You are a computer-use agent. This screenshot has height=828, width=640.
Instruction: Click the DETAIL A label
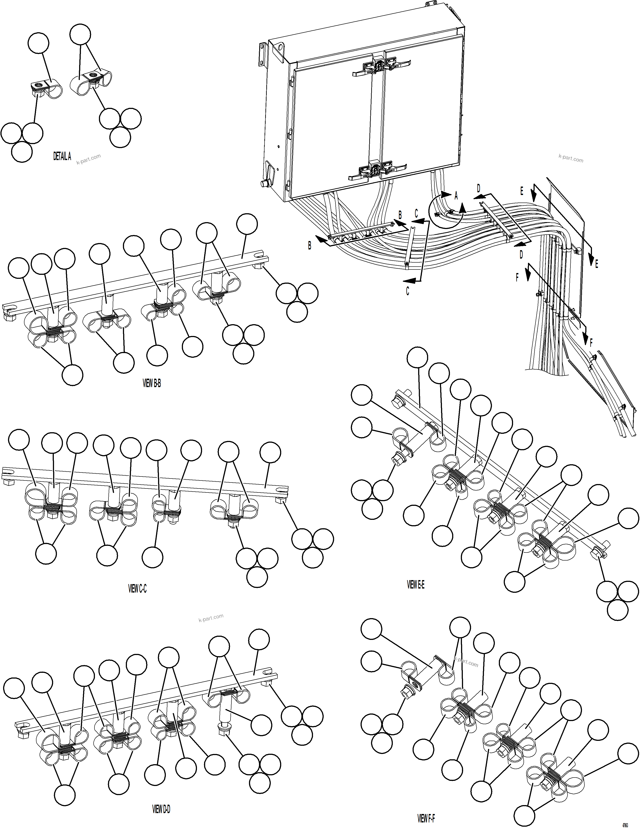tap(62, 156)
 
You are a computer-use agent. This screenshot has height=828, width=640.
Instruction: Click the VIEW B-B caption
tap(152, 383)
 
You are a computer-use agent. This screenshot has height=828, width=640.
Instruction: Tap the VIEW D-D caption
tap(161, 809)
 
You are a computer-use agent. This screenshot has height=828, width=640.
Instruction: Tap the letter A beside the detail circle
tap(456, 196)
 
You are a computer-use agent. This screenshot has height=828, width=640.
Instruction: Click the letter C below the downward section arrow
tap(407, 291)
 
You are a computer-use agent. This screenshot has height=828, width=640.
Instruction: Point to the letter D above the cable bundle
tap(478, 188)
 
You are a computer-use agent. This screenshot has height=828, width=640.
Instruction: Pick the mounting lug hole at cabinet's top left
tap(280, 48)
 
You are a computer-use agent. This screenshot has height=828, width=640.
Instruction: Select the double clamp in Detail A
tap(92, 82)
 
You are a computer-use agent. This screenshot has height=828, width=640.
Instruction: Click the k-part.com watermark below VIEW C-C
tap(211, 618)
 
